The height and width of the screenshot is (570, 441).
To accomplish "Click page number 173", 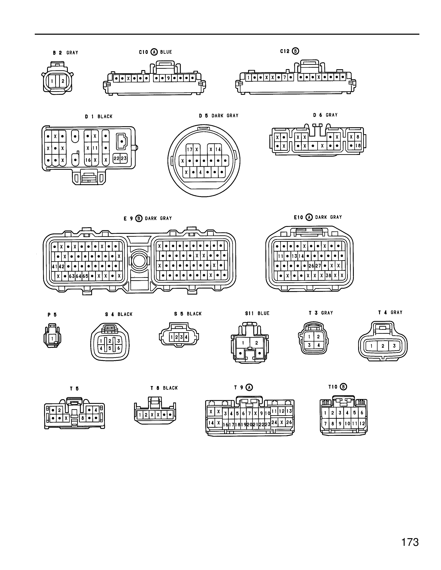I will (x=410, y=542).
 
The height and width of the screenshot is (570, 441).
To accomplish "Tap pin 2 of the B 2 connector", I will (x=63, y=81).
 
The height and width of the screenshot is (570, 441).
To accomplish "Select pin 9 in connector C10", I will (x=168, y=78).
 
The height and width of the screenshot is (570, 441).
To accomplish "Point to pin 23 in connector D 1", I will (x=124, y=158).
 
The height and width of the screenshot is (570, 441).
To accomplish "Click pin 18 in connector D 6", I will (x=358, y=146).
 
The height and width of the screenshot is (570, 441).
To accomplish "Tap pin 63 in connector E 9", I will (x=72, y=276).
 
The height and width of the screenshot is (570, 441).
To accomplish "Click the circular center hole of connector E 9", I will (x=139, y=261).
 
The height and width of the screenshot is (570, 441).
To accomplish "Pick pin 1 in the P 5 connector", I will (x=52, y=339).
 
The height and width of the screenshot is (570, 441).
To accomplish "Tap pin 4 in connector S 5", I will (x=186, y=337).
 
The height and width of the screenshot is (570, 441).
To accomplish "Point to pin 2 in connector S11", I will (x=256, y=343).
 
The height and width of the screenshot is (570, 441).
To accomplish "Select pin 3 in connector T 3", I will (x=309, y=345).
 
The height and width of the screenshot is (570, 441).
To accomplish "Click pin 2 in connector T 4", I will (x=383, y=346).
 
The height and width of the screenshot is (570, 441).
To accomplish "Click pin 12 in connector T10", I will (x=362, y=424).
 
